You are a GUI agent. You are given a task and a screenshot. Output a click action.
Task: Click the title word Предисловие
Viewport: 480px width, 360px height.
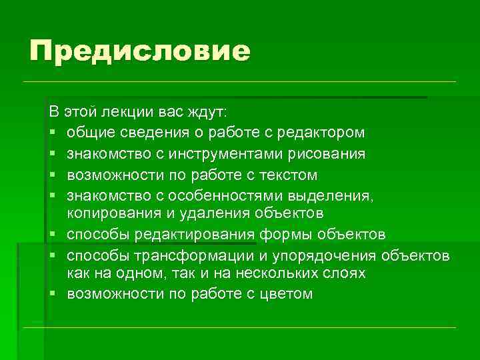coord(139,52)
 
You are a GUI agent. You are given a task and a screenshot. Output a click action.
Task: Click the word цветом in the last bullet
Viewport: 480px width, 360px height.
coord(285,294)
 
